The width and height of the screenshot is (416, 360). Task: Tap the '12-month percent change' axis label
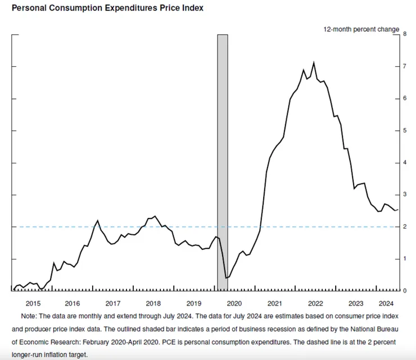click(x=361, y=29)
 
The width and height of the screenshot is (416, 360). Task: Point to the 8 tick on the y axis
click(x=405, y=34)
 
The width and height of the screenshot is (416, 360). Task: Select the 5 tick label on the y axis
click(x=405, y=131)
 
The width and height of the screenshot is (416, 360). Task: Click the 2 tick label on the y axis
click(x=405, y=227)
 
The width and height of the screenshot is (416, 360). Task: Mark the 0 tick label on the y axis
click(x=405, y=291)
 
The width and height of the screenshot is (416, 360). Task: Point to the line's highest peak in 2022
click(x=313, y=63)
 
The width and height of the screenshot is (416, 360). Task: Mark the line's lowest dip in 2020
click(x=226, y=277)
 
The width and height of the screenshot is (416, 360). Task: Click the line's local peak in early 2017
click(x=98, y=220)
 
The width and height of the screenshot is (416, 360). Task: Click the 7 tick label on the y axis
click(x=405, y=67)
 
